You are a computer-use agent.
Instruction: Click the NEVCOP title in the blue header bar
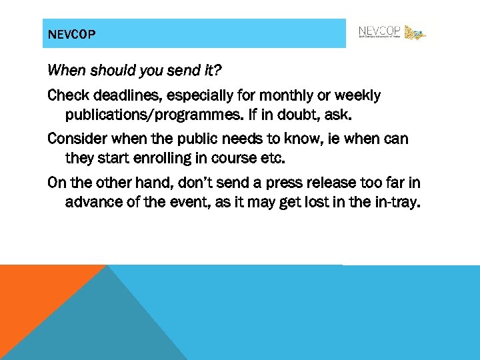tap(73, 34)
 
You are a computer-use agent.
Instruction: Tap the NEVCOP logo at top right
tap(391, 32)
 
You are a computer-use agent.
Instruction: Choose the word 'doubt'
tap(303, 115)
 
